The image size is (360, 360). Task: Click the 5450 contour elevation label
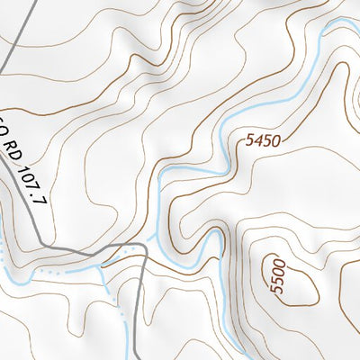pyautogui.click(x=263, y=140)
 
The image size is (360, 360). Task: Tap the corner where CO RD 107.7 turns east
pyautogui.click(x=50, y=246)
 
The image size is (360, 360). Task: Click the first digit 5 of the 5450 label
pyautogui.click(x=248, y=144)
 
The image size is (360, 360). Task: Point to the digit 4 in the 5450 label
pyautogui.click(x=257, y=141)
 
